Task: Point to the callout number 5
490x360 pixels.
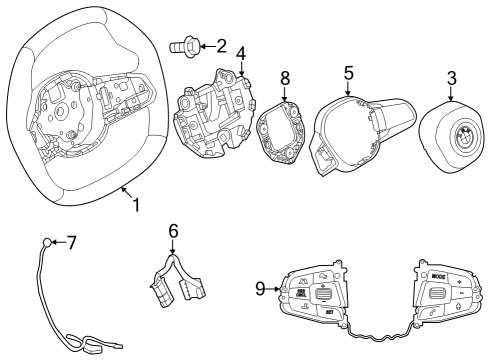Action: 348,73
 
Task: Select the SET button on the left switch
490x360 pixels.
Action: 328,311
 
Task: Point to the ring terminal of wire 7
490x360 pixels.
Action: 47,242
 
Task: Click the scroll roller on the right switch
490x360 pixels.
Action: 438,293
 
